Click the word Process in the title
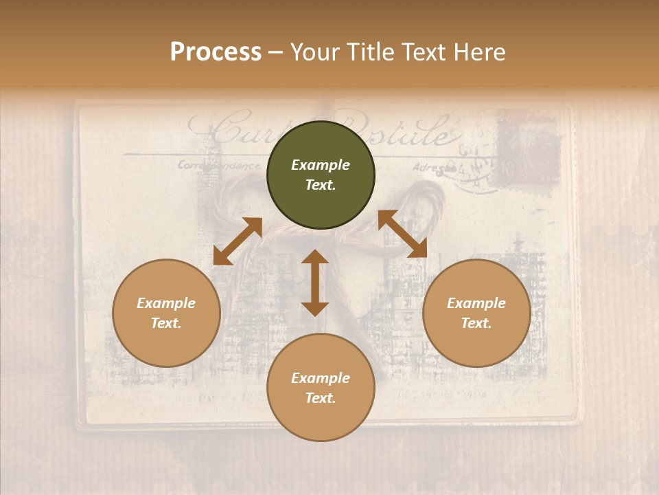click(216, 52)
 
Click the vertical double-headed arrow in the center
click(315, 283)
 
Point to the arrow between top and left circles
click(238, 241)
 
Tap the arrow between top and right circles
click(402, 234)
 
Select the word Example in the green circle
click(321, 165)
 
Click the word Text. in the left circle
click(166, 323)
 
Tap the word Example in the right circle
click(476, 303)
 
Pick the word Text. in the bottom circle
click(321, 398)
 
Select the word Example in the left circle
click(166, 303)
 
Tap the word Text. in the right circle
click(476, 323)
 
